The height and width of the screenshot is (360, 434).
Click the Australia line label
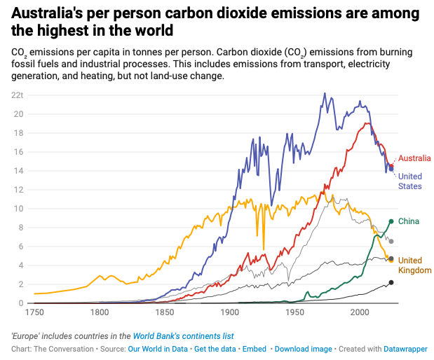(414, 158)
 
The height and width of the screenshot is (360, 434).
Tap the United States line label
(410, 181)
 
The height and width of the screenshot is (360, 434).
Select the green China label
(409, 221)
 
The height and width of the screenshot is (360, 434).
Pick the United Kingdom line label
(410, 265)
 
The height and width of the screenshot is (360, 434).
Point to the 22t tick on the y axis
(18, 95)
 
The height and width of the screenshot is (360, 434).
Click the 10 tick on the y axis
(20, 209)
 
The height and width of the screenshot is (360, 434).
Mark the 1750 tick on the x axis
(34, 312)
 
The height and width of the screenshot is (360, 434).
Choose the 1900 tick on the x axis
(229, 312)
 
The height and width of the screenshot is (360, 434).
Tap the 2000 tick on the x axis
(360, 312)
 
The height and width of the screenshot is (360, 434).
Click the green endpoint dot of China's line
(391, 221)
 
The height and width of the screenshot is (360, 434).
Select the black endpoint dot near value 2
(391, 282)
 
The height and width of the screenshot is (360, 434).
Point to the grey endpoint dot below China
(391, 242)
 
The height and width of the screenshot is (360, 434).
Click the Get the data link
(215, 348)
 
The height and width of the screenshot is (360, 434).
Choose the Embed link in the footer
(256, 348)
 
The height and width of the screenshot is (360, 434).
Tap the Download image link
(303, 348)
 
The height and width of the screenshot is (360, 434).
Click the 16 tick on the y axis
(20, 152)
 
